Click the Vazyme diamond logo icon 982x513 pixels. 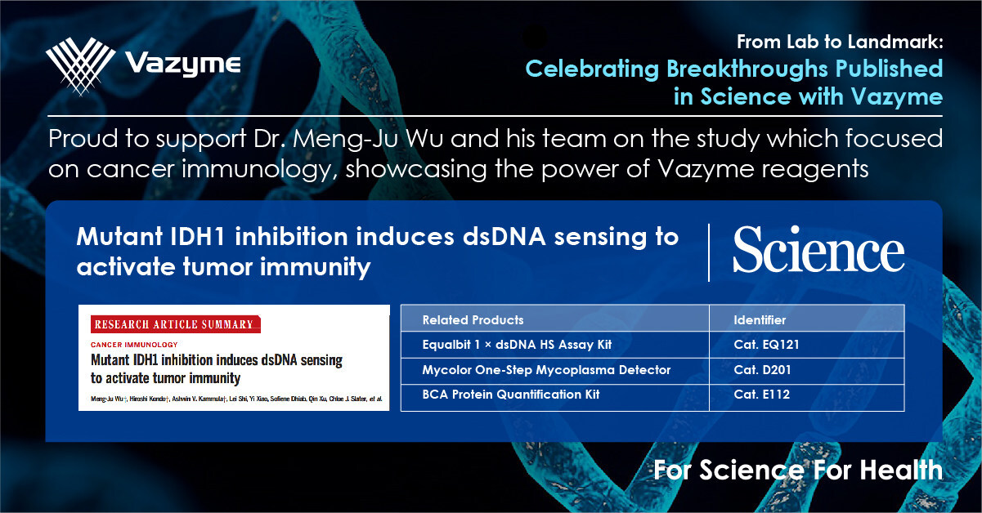click(x=81, y=66)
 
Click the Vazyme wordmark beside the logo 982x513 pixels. click(x=183, y=65)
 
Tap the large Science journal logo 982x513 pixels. click(x=818, y=249)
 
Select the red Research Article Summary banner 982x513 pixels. click(x=175, y=324)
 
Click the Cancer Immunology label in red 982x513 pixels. click(x=134, y=345)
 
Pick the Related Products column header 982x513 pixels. click(x=473, y=319)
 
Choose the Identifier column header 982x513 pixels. click(x=760, y=319)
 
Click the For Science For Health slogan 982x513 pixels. click(x=798, y=470)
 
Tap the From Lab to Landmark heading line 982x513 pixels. click(x=840, y=42)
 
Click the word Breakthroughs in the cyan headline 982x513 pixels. click(x=747, y=69)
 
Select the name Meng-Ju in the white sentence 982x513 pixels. click(x=345, y=139)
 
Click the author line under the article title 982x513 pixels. click(x=236, y=399)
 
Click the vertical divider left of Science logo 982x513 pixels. click(x=709, y=252)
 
